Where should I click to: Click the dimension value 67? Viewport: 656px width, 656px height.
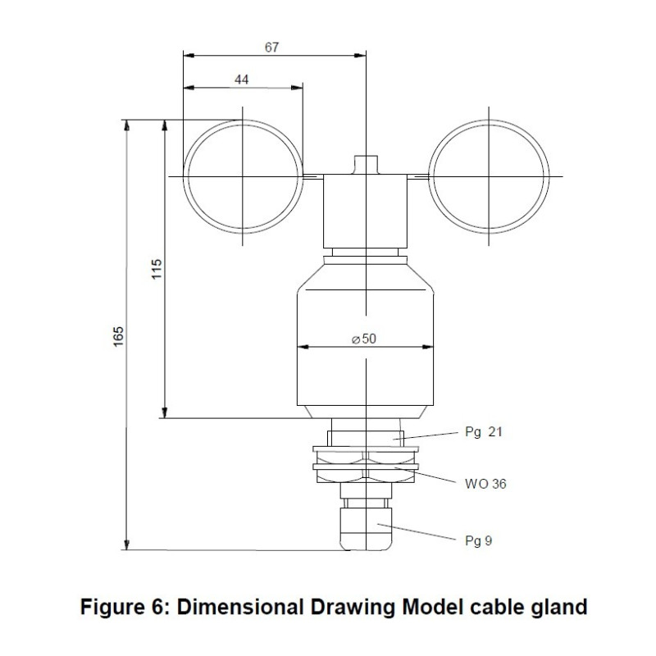click(x=272, y=48)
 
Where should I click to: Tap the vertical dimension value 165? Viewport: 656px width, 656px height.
click(x=119, y=336)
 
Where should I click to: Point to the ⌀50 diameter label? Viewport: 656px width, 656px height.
click(x=364, y=339)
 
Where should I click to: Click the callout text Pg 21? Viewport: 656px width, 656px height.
click(x=483, y=432)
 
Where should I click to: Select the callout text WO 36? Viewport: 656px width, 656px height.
click(x=485, y=484)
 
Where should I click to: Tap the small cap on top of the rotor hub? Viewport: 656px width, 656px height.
click(x=366, y=164)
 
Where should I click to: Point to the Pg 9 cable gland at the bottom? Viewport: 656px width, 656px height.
click(x=366, y=529)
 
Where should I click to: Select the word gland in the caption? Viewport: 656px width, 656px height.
click(x=560, y=608)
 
